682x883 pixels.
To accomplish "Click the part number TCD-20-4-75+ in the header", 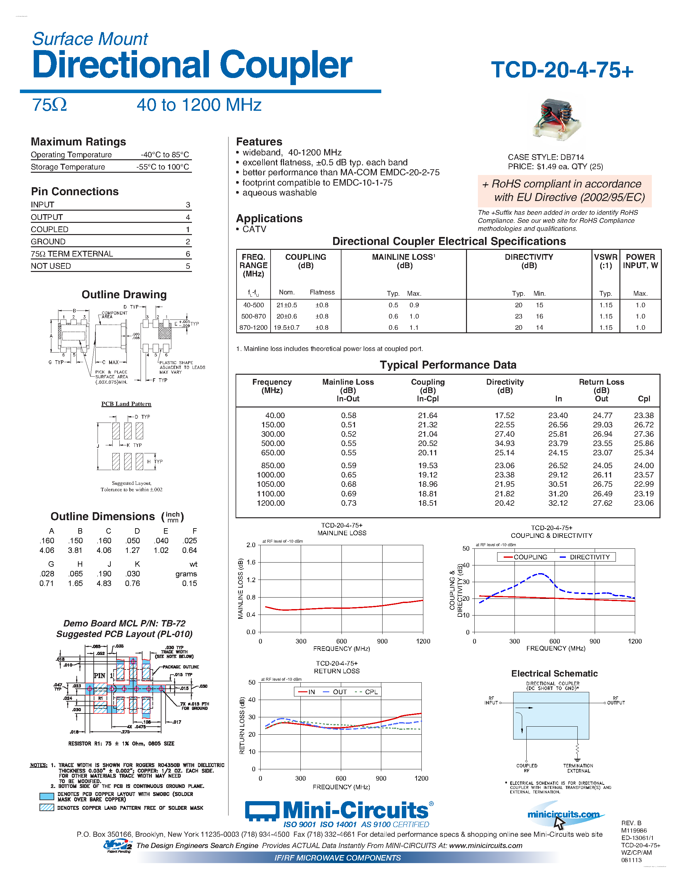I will tap(562, 70).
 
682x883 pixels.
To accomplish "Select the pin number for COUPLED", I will tap(188, 230).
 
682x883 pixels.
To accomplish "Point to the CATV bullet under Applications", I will tap(254, 229).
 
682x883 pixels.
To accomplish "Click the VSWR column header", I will tap(605, 261).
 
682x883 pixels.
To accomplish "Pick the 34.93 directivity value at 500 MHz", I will tap(505, 443).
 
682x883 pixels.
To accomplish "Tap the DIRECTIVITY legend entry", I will tap(589, 557).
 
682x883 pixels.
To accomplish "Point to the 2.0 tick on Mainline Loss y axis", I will tap(251, 545).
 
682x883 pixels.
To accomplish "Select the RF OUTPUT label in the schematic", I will tap(615, 701).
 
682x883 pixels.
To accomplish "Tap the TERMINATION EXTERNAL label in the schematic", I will tap(578, 768).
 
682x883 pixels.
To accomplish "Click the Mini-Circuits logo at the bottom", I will tap(339, 811).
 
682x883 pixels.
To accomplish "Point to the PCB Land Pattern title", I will tap(126, 404).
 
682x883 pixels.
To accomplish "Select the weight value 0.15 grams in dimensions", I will tap(189, 583).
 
